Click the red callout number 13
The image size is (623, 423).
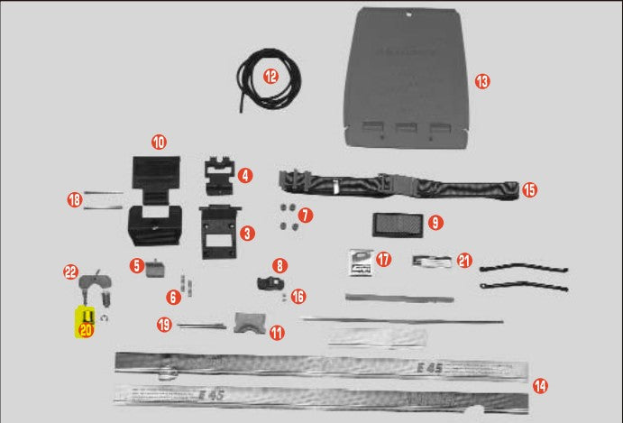pos(482,81)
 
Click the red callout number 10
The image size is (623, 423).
pos(159,142)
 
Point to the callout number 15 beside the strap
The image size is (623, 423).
pos(529,190)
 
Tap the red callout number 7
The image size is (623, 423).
pos(306,216)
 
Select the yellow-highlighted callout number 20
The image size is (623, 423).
pos(87,330)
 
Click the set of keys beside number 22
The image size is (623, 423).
pos(93,287)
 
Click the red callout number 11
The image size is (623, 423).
pos(277,332)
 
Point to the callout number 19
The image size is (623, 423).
pos(164,325)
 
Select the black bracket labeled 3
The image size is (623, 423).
pos(216,231)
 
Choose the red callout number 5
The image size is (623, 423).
pos(136,265)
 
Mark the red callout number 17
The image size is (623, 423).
pos(385,260)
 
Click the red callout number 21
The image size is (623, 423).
pos(464,261)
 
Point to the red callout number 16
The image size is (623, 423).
pos(298,296)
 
